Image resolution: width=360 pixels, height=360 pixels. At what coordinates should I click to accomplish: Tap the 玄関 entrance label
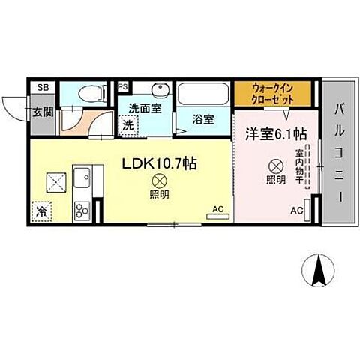pos(43,112)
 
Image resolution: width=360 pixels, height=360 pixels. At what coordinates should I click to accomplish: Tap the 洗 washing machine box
pos(129,125)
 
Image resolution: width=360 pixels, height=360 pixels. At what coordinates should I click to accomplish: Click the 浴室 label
pos(202,119)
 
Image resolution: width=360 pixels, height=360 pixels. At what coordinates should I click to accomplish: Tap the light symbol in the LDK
pos(159,181)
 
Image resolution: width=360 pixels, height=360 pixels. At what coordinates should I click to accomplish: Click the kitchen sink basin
pos(81,181)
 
